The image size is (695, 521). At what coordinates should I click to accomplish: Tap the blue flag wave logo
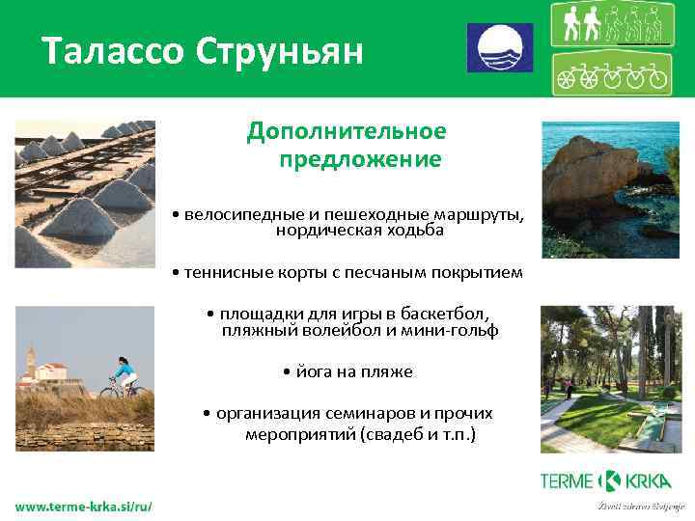click(500, 48)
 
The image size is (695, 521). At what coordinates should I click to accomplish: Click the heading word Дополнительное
click(347, 130)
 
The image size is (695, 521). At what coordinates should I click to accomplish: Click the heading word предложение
click(360, 158)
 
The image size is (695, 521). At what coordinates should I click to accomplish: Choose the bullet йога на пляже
click(347, 371)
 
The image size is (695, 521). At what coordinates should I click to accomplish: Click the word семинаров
click(368, 413)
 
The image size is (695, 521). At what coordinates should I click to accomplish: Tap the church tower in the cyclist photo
click(31, 363)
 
